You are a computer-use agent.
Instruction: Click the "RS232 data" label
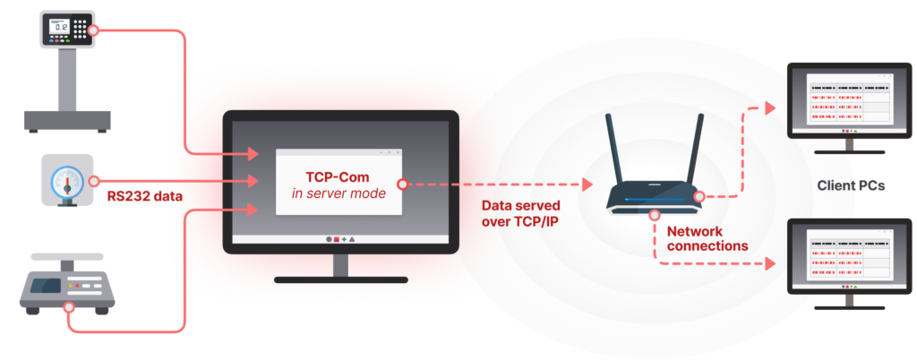click(145, 197)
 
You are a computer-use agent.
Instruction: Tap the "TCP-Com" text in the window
click(339, 177)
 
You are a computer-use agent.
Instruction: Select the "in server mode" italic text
click(339, 193)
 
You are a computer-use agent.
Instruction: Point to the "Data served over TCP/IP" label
click(520, 214)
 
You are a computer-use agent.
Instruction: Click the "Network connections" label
click(707, 238)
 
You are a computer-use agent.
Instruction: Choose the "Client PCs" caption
click(851, 186)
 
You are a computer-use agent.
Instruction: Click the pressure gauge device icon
click(67, 179)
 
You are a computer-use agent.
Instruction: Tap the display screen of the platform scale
click(59, 27)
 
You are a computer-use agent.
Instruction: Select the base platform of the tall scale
click(67, 121)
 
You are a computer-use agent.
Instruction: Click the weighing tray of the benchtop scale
click(67, 256)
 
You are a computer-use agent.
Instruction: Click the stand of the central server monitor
click(341, 270)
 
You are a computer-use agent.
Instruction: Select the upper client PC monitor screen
click(849, 99)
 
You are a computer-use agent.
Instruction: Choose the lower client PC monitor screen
click(849, 255)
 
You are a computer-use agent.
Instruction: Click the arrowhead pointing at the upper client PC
click(769, 108)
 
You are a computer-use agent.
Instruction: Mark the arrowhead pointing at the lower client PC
click(769, 263)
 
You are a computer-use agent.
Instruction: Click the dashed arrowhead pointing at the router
click(587, 184)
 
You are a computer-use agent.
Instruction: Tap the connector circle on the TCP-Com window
click(402, 184)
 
